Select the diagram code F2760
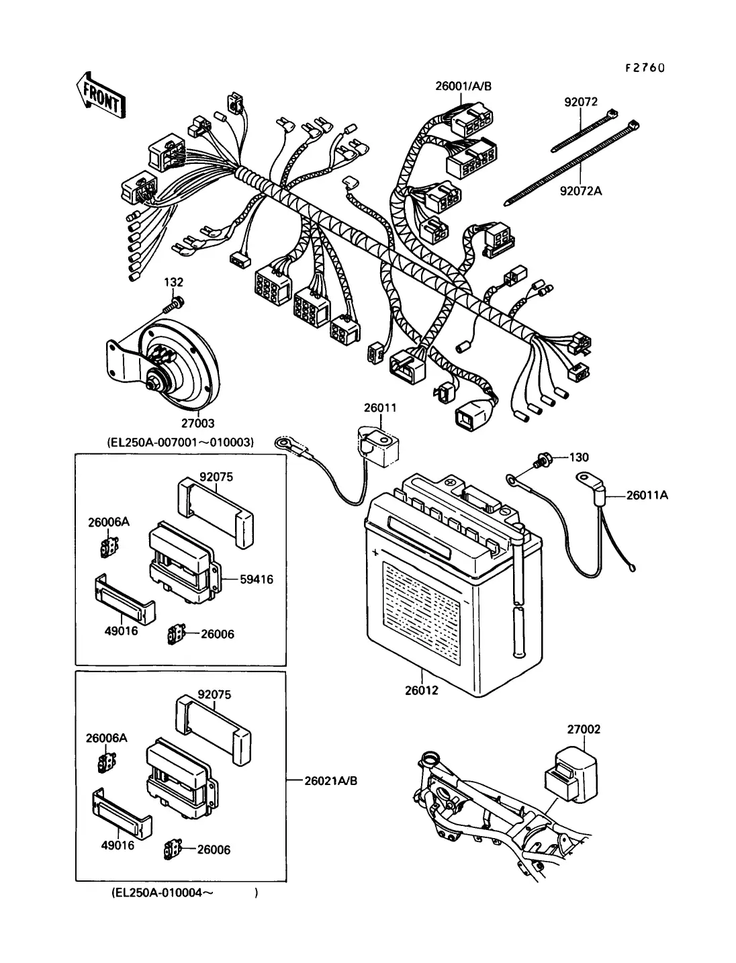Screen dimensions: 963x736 (644, 67)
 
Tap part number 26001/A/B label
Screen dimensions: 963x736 (463, 86)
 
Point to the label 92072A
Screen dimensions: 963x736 (581, 191)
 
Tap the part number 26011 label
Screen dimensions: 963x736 (380, 408)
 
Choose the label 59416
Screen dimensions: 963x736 (257, 579)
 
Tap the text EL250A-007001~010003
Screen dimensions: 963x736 (180, 443)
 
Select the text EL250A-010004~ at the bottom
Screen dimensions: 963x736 (158, 894)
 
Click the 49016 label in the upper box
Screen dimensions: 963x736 (122, 631)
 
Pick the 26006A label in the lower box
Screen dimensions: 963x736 (106, 737)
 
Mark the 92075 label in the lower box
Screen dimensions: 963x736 (214, 694)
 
